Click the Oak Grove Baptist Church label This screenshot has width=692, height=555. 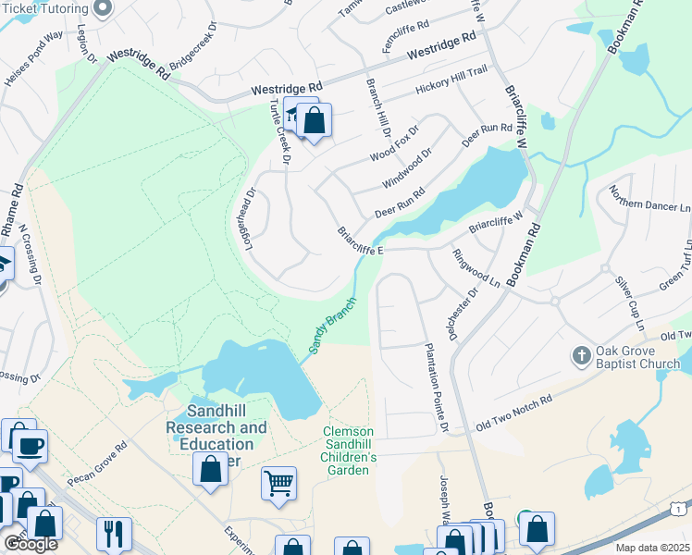click(x=638, y=357)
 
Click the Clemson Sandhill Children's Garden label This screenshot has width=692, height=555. click(x=348, y=450)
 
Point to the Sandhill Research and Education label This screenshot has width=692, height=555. click(x=216, y=436)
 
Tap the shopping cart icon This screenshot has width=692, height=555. click(x=278, y=483)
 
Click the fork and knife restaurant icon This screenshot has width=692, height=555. click(x=114, y=533)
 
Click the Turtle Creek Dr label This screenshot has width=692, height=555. click(x=280, y=143)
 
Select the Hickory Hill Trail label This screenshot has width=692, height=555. click(x=450, y=80)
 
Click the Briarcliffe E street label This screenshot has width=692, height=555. click(x=360, y=241)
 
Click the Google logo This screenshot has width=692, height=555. click(x=31, y=544)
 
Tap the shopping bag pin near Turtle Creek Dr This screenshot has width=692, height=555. click(x=314, y=120)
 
